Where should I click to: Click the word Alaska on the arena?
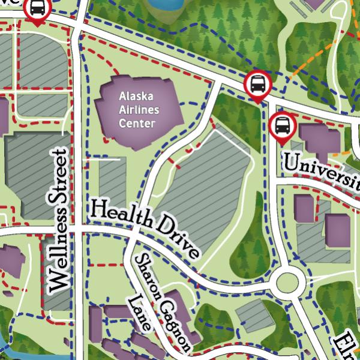[136, 97]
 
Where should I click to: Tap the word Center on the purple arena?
[137, 124]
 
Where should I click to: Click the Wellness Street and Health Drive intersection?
[75, 230]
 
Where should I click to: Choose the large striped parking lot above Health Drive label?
[204, 192]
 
